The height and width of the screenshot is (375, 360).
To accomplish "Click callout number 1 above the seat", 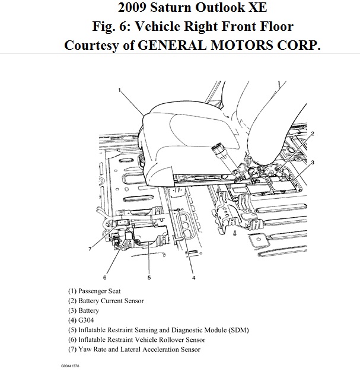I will click(x=120, y=90).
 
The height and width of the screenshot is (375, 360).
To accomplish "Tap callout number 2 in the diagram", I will click(x=313, y=134).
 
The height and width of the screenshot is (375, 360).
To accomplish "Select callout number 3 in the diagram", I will click(x=313, y=162).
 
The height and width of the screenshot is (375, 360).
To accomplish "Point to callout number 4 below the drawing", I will click(x=194, y=277).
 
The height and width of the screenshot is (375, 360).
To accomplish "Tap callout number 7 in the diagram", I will click(x=90, y=249).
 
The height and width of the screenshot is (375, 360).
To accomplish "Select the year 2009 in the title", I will click(x=135, y=9).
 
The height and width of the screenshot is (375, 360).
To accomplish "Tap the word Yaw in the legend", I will click(x=85, y=349).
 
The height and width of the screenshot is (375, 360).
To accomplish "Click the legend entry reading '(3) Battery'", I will click(x=83, y=311).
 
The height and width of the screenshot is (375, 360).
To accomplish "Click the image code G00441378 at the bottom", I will click(x=69, y=366).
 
